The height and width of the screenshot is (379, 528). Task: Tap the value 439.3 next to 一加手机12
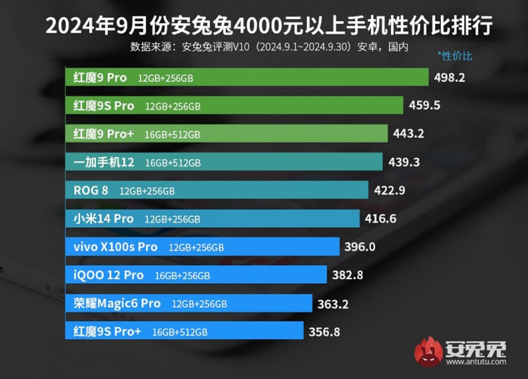click(404, 162)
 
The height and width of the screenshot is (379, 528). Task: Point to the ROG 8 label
click(91, 190)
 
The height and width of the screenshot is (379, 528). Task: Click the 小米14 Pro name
click(103, 219)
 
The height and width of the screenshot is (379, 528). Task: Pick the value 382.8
click(348, 275)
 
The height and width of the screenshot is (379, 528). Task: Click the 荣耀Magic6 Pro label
click(117, 304)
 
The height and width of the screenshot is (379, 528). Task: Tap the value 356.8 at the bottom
click(325, 332)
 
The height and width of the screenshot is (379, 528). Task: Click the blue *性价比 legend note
click(455, 56)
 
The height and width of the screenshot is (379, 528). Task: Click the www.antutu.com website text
click(476, 362)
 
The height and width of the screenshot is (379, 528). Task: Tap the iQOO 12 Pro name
click(109, 275)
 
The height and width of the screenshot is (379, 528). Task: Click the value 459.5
click(423, 105)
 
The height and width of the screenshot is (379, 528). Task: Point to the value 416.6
click(380, 219)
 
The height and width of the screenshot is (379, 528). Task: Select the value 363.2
click(333, 304)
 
